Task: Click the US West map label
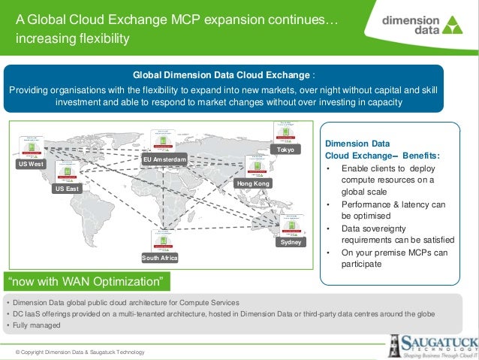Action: pyautogui.click(x=30, y=164)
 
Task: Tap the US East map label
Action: pyautogui.click(x=68, y=189)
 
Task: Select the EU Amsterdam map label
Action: pyautogui.click(x=164, y=160)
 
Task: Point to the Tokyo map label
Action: pyautogui.click(x=285, y=150)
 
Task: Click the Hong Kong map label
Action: pyautogui.click(x=254, y=183)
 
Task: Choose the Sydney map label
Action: pyautogui.click(x=290, y=244)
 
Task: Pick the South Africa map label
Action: pyautogui.click(x=160, y=259)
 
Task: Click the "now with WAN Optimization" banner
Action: pyautogui.click(x=87, y=282)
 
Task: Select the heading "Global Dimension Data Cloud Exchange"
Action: pyautogui.click(x=221, y=76)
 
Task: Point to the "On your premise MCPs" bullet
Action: pyautogui.click(x=393, y=252)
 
